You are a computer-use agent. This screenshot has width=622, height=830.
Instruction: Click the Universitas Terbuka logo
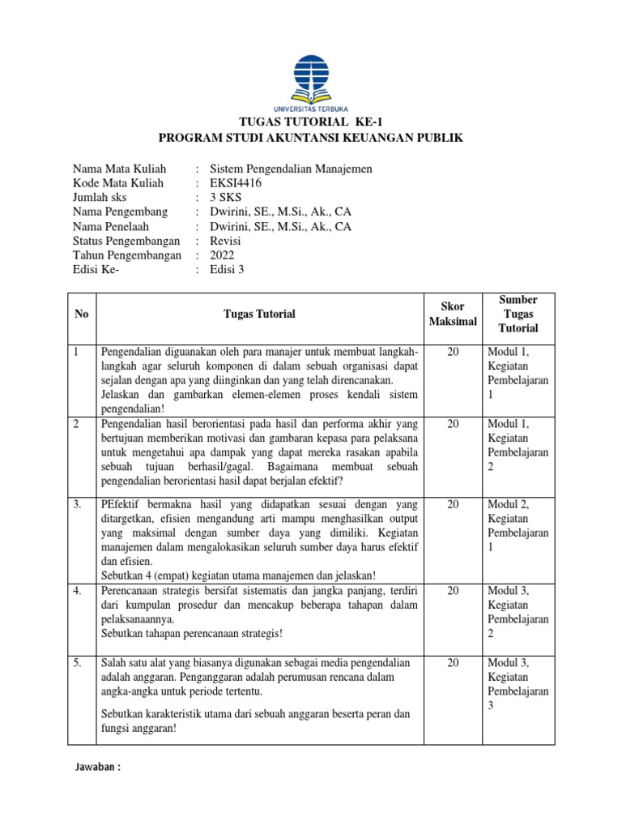point(311,83)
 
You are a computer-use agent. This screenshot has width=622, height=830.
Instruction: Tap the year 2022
point(222,255)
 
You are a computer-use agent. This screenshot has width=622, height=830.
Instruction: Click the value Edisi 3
point(227,270)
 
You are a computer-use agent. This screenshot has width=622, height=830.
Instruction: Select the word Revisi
point(226,241)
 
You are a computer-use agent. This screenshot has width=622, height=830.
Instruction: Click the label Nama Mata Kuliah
point(119,169)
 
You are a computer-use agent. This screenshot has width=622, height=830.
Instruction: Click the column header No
point(81,314)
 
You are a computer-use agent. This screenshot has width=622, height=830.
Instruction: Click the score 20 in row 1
point(454,352)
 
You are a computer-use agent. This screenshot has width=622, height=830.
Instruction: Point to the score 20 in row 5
point(454,663)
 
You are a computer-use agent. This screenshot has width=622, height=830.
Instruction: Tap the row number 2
point(76,424)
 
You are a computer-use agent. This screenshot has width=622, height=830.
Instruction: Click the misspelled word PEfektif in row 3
point(121,504)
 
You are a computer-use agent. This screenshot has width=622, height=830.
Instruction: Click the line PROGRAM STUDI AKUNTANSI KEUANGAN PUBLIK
point(311,138)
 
